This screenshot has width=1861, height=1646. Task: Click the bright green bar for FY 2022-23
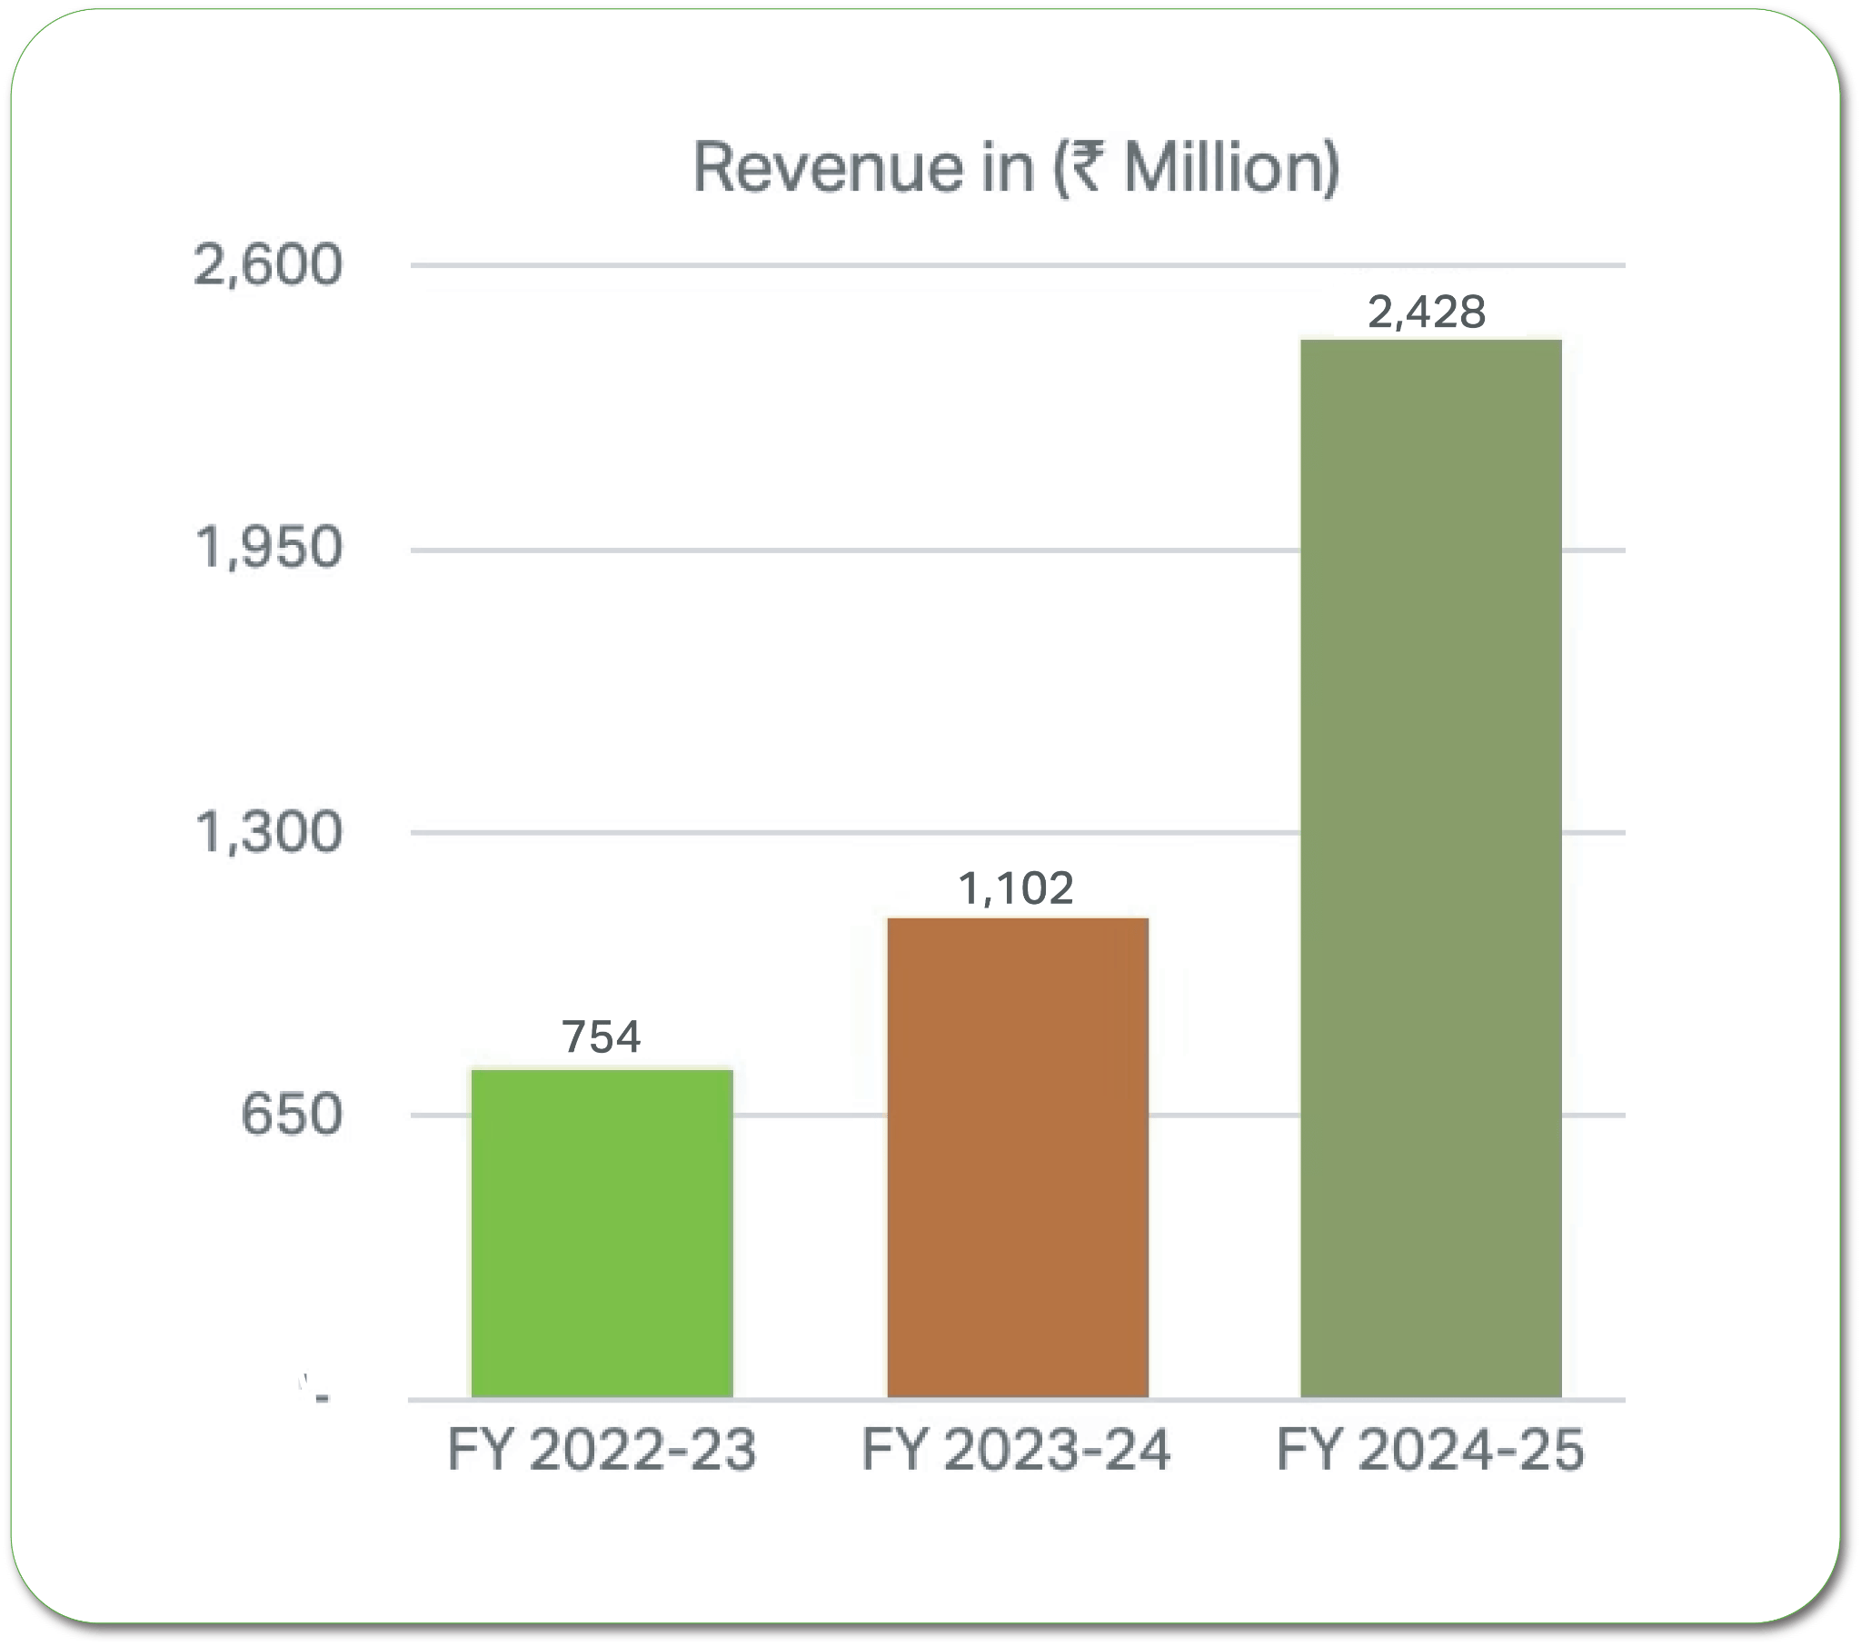point(602,1234)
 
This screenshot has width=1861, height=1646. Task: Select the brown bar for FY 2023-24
point(1018,1158)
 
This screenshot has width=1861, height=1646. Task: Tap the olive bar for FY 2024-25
point(1430,869)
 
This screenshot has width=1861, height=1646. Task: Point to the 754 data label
point(602,1037)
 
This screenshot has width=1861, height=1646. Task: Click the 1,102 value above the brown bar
point(1016,887)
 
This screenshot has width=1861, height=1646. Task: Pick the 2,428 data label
point(1427,312)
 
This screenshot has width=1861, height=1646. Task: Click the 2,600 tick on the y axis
point(269,266)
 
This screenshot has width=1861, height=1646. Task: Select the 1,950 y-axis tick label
point(269,549)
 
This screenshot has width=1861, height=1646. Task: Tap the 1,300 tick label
point(269,832)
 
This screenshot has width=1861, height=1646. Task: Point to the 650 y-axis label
point(292,1115)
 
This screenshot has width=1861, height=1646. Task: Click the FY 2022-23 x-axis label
point(602,1451)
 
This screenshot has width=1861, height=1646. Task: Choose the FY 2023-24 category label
point(1016,1451)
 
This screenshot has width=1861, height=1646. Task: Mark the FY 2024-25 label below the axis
point(1430,1451)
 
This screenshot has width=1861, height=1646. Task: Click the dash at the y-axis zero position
point(322,1398)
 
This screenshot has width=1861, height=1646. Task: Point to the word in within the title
point(1008,168)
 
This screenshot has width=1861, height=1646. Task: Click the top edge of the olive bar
point(1430,342)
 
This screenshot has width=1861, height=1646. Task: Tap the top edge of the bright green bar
point(602,1071)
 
